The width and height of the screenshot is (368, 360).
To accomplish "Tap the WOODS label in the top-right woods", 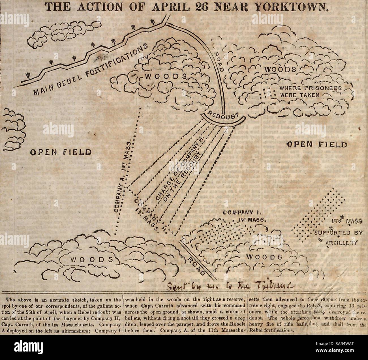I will (280, 69).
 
